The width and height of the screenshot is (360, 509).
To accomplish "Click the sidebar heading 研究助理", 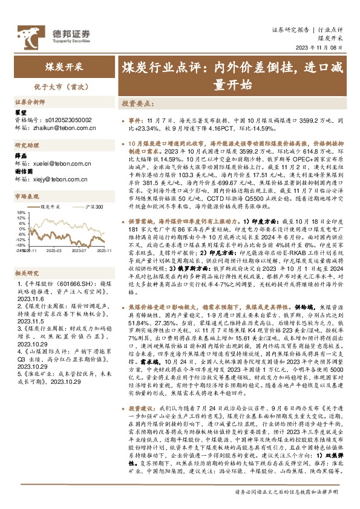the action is [x=27, y=146].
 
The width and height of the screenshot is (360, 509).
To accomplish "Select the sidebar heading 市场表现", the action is [x=27, y=197].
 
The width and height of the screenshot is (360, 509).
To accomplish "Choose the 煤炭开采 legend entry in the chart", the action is [x=54, y=207].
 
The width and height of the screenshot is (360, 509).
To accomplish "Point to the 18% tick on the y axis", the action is [x=21, y=212].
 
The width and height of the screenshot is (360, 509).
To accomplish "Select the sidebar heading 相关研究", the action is [x=27, y=256].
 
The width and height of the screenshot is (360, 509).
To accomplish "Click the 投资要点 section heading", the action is [x=137, y=103].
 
